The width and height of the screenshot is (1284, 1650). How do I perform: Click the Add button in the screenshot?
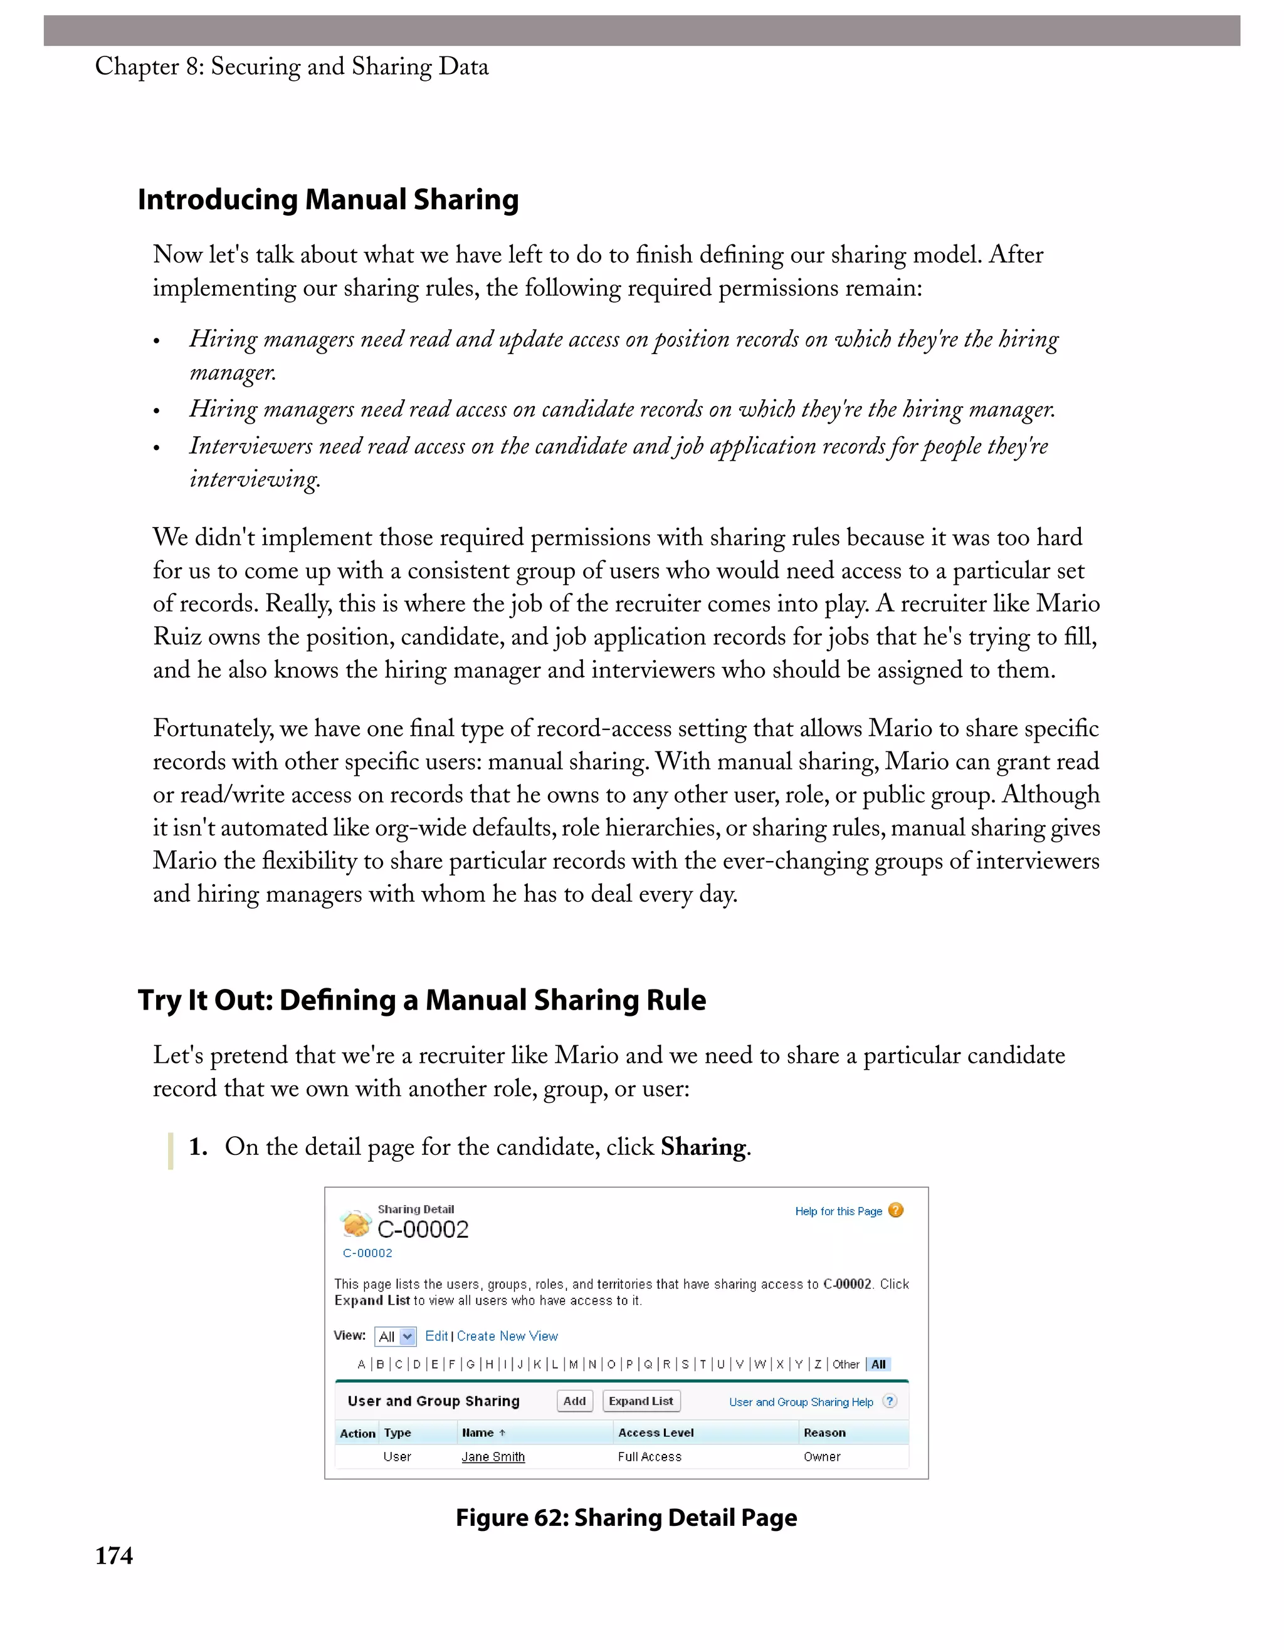(x=574, y=1401)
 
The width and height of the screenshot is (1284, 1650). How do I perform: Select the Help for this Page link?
(x=838, y=1211)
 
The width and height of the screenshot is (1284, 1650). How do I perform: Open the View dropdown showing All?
(x=395, y=1337)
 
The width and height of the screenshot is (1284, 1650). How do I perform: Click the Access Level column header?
(x=655, y=1433)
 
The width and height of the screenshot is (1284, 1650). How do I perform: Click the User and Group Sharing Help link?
(x=801, y=1402)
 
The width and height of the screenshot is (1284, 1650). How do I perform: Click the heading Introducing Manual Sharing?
(x=328, y=199)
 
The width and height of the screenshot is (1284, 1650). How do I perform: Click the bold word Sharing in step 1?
(x=703, y=1147)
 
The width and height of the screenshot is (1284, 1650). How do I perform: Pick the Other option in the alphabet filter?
(x=846, y=1364)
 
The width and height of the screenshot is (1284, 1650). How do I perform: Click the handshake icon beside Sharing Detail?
(x=355, y=1223)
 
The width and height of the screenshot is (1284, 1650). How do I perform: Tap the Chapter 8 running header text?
(x=292, y=66)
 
